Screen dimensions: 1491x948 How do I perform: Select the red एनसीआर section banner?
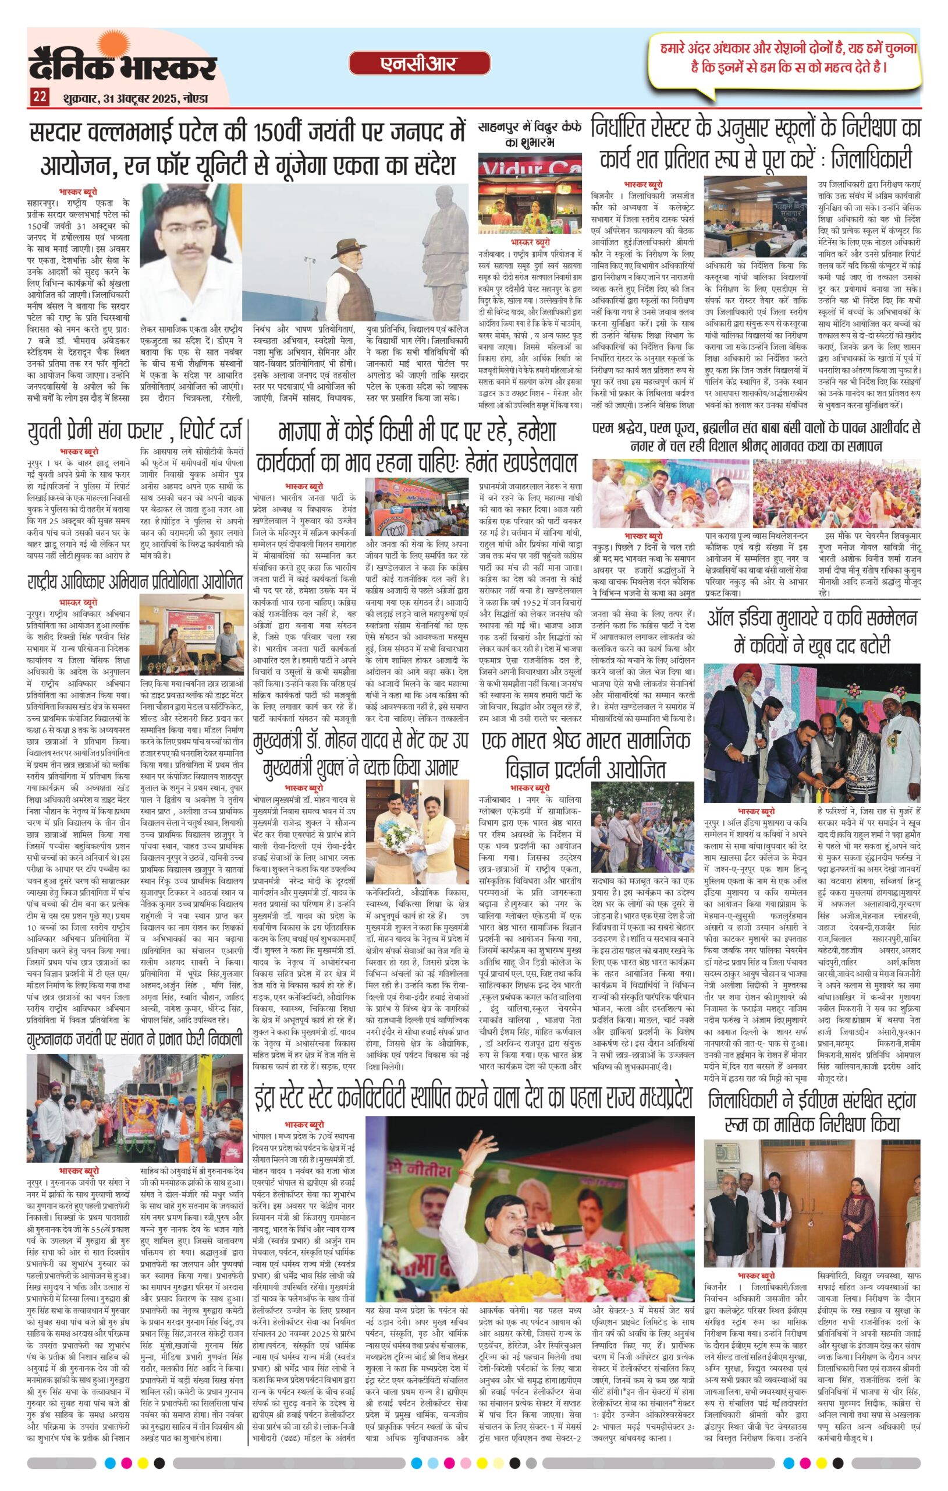point(419,63)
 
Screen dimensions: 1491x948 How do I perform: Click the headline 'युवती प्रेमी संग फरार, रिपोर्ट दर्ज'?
point(135,431)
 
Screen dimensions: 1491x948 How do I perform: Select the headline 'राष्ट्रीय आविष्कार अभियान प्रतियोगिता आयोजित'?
point(135,582)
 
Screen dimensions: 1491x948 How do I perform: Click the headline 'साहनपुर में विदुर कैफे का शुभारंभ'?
point(530,134)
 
